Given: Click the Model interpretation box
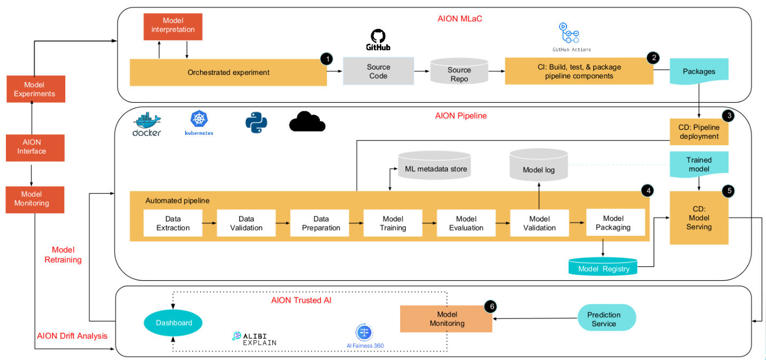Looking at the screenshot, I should pos(169,25).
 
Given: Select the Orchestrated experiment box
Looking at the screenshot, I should pos(228,72).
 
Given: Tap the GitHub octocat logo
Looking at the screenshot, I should pos(378,37).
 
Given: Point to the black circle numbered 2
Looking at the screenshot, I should pos(652,58).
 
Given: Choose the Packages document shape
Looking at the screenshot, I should pos(699,72).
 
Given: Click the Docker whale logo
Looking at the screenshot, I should pos(147,124).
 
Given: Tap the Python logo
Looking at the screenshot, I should pos(256,122).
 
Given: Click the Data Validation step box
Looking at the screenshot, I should pos(246,223).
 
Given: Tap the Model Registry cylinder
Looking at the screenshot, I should pos(603,267).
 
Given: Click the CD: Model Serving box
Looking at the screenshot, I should pos(699,218).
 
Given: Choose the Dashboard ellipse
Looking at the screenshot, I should pos(174,323).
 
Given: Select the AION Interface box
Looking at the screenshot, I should pos(35,147).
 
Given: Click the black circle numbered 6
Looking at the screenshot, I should pos(490,307).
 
